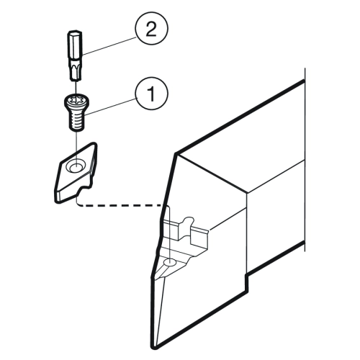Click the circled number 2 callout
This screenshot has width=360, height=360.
(x=151, y=29)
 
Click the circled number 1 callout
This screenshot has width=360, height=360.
(x=151, y=94)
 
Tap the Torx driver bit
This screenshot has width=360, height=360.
(x=76, y=55)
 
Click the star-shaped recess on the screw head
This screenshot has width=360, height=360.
(x=76, y=99)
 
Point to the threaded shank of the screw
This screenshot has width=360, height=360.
(x=76, y=122)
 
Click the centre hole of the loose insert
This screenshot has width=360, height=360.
(x=76, y=166)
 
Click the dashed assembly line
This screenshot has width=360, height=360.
(x=120, y=205)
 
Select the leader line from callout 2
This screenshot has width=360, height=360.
(x=109, y=45)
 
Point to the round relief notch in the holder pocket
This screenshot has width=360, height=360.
(x=189, y=221)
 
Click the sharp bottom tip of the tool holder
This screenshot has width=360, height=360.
(x=154, y=347)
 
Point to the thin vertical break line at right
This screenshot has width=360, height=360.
(x=305, y=160)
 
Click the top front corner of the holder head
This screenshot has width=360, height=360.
(x=176, y=154)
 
